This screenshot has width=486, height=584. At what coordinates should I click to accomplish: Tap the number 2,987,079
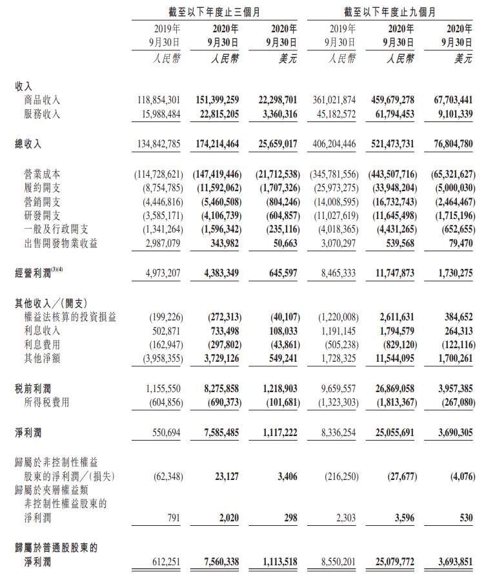point(159,242)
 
